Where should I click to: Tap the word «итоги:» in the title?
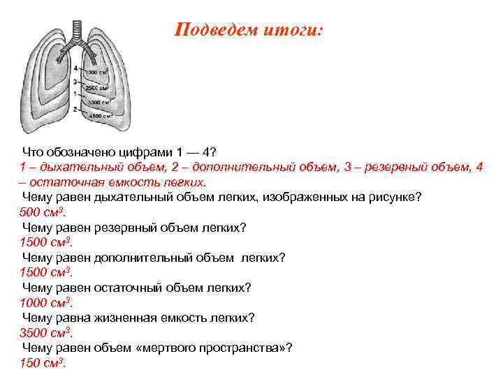click(x=293, y=30)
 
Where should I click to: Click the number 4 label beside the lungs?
click(x=75, y=68)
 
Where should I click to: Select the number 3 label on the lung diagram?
click(x=74, y=82)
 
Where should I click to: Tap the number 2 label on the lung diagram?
click(x=74, y=110)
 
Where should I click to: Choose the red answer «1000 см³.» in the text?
click(x=46, y=302)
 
